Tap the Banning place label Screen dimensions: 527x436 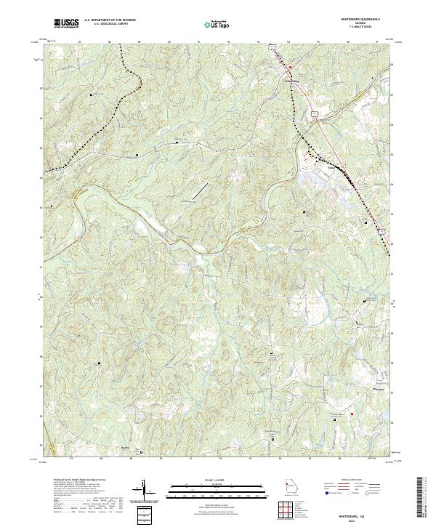pos(125,448)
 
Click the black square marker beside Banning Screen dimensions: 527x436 pos(141,451)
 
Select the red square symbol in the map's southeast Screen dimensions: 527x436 pos(351,415)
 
